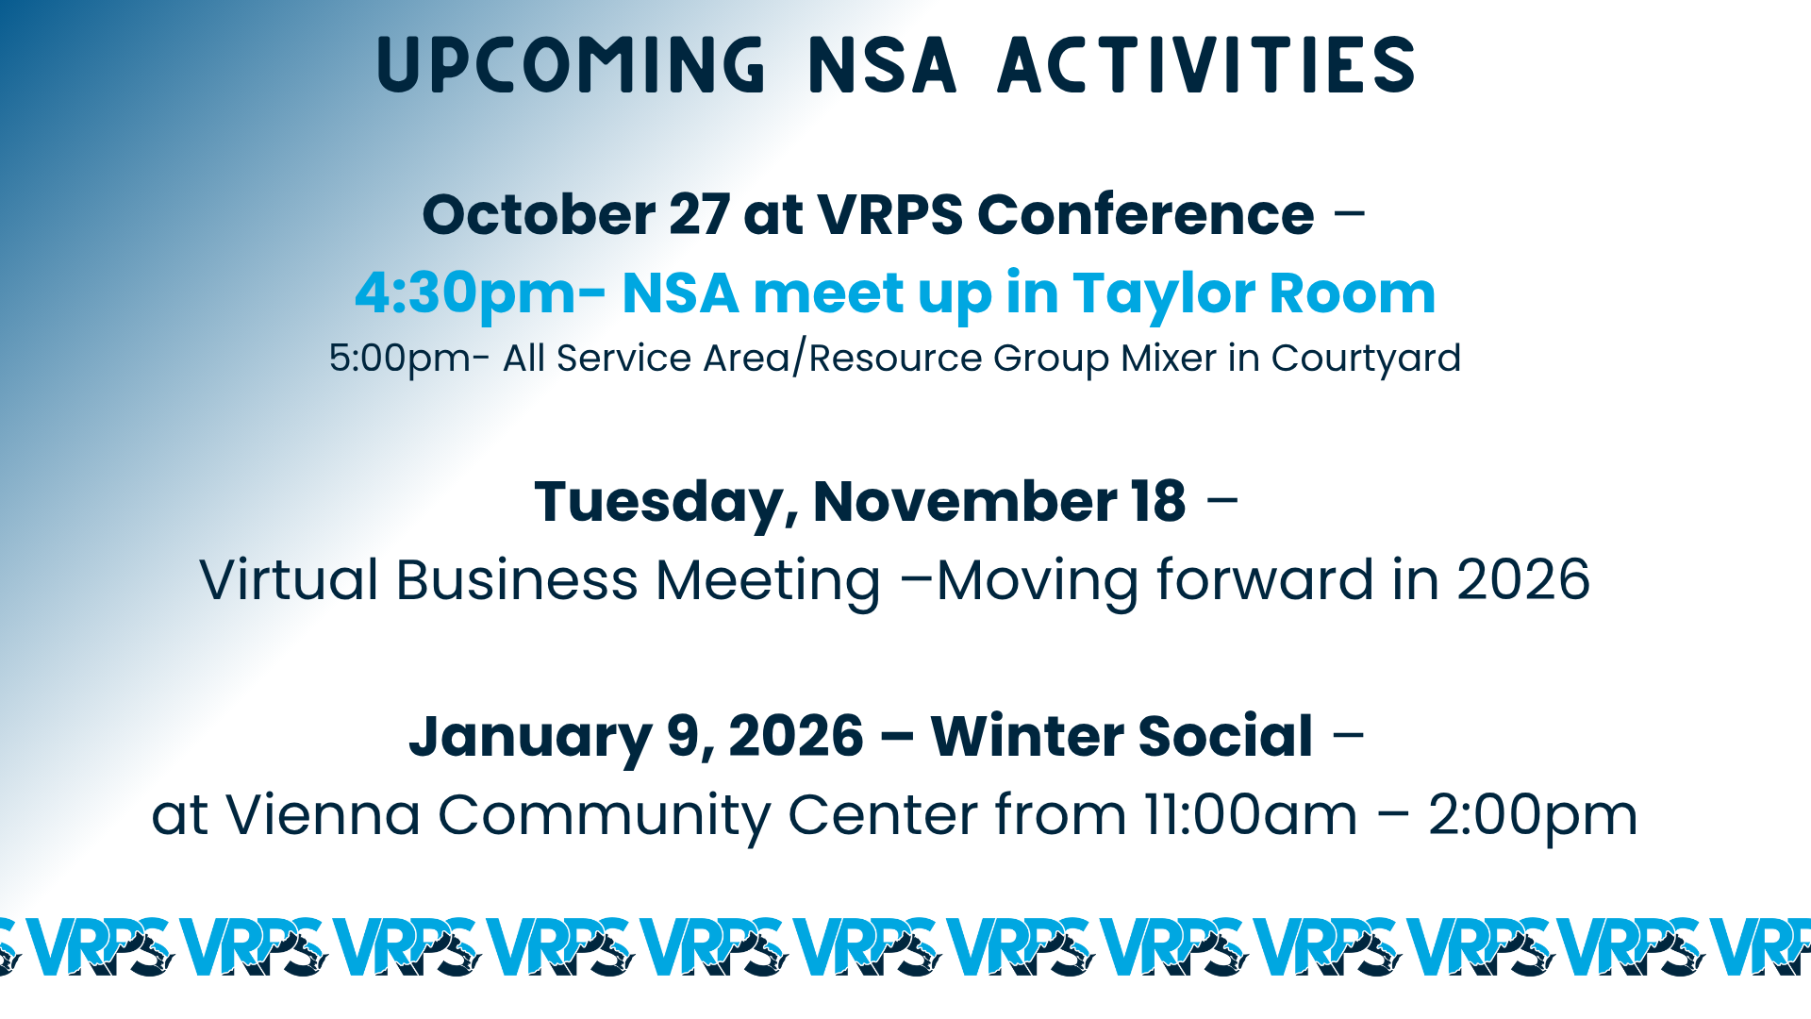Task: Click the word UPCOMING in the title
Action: click(572, 65)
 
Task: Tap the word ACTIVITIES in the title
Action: click(1207, 65)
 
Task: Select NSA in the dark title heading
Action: click(883, 65)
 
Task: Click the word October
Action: click(539, 214)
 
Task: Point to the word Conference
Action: click(1146, 214)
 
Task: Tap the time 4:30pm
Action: click(465, 294)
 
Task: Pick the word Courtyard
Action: click(1366, 359)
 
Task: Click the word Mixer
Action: click(1169, 358)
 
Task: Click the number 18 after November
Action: click(1159, 501)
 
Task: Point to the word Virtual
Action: click(290, 579)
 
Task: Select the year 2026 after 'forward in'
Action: click(1523, 579)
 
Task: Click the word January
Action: click(530, 737)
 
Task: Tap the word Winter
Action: click(1027, 736)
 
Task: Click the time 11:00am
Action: click(1251, 814)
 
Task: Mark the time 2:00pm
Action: click(1533, 816)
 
